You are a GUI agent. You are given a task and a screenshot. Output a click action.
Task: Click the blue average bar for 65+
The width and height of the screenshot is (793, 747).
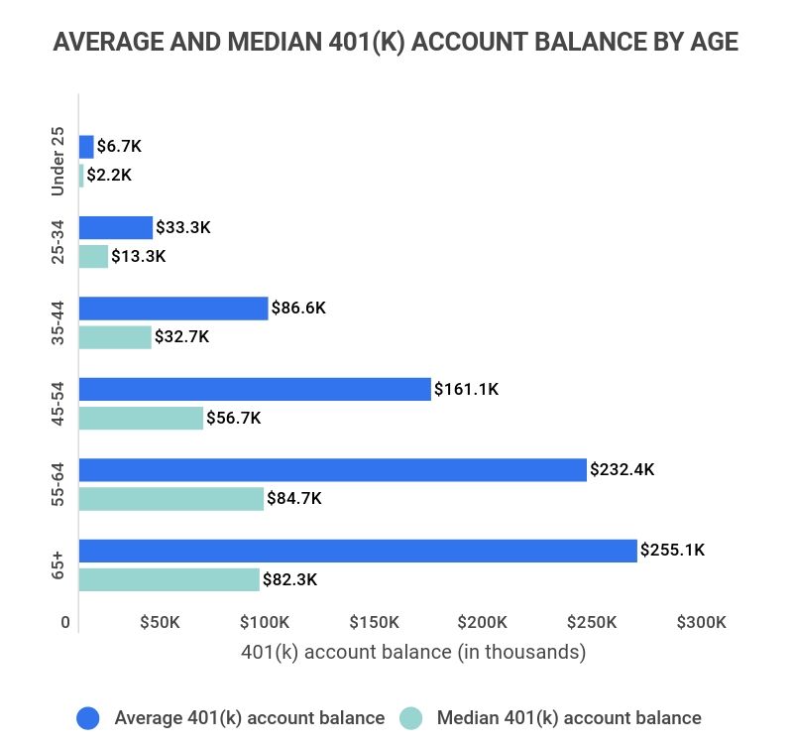coord(357,551)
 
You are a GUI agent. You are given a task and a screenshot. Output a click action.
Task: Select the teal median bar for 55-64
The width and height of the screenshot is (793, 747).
coord(170,499)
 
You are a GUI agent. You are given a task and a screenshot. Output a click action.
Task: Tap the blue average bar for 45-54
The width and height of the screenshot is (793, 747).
coord(255,389)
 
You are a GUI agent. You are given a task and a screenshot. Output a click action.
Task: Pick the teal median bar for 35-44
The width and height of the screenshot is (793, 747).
coord(115,337)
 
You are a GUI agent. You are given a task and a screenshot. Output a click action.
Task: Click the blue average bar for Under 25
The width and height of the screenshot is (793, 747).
coord(86,147)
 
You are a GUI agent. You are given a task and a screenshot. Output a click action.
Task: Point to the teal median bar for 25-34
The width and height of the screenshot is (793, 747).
coord(93,256)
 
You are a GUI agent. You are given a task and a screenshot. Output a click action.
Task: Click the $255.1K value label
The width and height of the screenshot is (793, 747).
coord(672,551)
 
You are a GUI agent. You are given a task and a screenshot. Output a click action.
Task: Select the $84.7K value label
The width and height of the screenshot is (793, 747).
coord(294,499)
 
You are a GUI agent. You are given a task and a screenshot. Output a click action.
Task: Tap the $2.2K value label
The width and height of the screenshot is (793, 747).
coord(109,176)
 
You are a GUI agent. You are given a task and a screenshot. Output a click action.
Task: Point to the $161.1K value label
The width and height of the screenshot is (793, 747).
coord(467,390)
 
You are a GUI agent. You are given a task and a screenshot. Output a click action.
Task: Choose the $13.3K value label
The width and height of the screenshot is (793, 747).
coord(138,257)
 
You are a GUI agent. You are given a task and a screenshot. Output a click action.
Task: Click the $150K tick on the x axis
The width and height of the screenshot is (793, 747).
coord(375,623)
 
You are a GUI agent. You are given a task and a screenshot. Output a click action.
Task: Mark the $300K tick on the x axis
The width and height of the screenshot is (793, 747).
coord(702,623)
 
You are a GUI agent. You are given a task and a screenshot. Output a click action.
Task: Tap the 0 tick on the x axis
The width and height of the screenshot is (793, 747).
coord(65,623)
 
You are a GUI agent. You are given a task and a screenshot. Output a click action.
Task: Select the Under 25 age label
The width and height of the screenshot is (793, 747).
coord(57,161)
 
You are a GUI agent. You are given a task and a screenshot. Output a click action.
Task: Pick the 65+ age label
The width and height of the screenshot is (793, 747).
coord(57,565)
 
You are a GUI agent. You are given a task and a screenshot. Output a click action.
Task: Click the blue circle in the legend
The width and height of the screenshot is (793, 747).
coord(87,718)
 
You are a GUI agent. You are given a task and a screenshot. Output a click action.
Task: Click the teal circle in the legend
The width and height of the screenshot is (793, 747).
coord(410,718)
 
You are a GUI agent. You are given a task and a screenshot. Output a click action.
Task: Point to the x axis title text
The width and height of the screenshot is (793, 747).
coord(413,653)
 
